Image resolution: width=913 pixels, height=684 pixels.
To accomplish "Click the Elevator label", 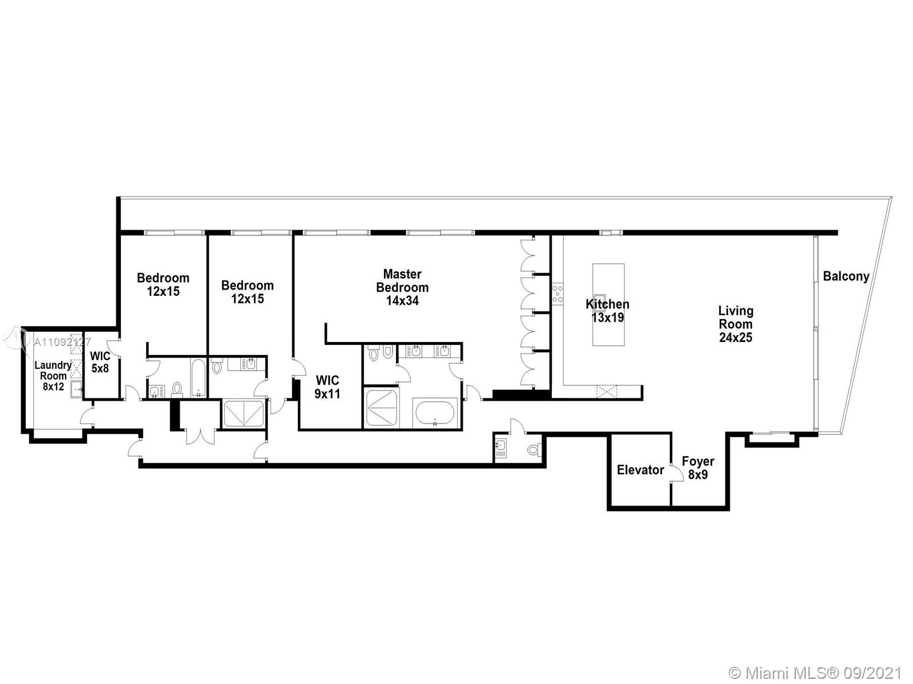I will (x=640, y=470).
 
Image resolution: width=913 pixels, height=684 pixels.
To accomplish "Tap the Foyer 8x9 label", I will (x=698, y=467).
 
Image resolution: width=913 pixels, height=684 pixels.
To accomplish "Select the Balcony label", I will (x=846, y=276).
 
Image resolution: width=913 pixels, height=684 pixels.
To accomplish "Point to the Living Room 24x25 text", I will (x=736, y=324).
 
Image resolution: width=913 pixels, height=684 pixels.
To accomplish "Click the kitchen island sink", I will (x=599, y=300).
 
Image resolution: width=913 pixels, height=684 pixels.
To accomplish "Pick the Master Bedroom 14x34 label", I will (x=402, y=287).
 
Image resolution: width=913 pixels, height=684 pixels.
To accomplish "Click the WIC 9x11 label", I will (x=328, y=386).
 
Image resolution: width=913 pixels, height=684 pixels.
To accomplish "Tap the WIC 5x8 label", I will (x=100, y=362).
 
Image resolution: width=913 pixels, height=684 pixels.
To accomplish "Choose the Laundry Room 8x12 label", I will (x=53, y=376).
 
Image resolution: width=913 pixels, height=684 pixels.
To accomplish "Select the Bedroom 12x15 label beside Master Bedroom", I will (x=247, y=292).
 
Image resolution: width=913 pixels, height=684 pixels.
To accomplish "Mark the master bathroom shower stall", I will (x=382, y=408).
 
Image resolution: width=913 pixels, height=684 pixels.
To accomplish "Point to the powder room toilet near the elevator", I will (x=533, y=450).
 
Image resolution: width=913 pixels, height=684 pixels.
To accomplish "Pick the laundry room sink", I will (x=76, y=390).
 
